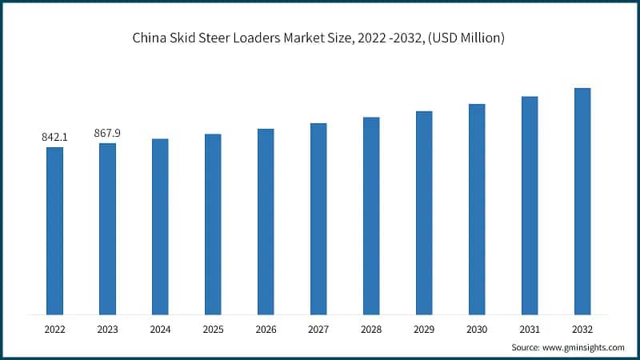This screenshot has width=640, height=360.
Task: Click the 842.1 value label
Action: click(x=54, y=138)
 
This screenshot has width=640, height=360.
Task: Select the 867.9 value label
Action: click(x=107, y=134)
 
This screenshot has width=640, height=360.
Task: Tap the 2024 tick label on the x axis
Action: click(x=160, y=329)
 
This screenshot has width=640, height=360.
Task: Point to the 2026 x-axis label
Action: click(x=266, y=329)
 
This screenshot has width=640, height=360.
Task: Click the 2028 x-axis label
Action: click(x=371, y=329)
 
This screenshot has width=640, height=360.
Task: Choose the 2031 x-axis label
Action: click(x=530, y=329)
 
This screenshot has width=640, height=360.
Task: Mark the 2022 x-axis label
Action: click(x=54, y=329)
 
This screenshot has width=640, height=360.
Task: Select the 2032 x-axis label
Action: click(x=582, y=329)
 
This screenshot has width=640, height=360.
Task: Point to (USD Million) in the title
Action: click(x=465, y=38)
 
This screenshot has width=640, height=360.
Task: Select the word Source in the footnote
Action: click(x=527, y=348)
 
